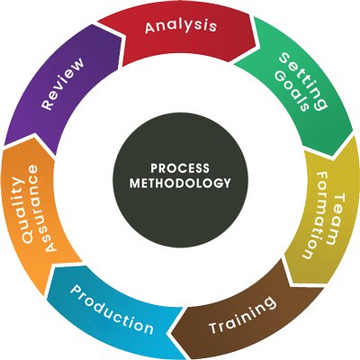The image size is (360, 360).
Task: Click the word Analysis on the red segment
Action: pyautogui.click(x=180, y=26)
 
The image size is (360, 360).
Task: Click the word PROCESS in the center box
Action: pyautogui.click(x=179, y=167)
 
